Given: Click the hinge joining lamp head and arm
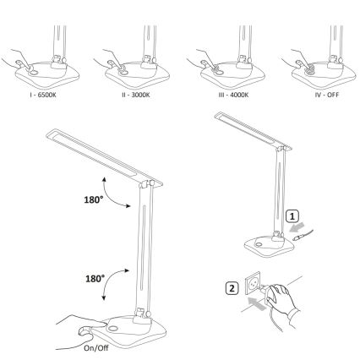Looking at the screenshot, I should tap(149, 183).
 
